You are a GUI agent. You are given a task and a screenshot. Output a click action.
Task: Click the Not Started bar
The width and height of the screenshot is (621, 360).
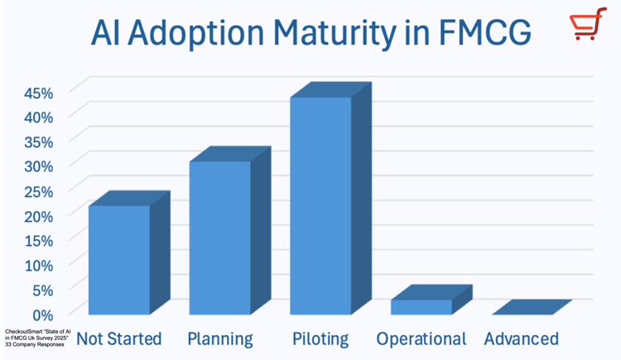coord(119,259)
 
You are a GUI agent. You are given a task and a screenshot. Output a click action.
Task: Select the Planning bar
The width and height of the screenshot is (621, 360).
coord(220,238)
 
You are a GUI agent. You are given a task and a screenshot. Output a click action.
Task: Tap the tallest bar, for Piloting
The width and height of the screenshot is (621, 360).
coord(320,205)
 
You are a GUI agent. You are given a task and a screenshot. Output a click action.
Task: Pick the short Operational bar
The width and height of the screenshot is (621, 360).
coord(421,305)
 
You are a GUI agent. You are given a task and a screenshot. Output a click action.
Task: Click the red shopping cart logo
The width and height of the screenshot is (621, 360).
coord(585,27)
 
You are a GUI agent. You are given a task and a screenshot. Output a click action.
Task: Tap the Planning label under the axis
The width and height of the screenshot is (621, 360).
coord(220,338)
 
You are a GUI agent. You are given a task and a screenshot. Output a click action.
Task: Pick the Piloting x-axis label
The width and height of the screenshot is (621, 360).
coord(320,338)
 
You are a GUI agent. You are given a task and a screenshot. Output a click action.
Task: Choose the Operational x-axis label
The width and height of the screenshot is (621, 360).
coord(421,338)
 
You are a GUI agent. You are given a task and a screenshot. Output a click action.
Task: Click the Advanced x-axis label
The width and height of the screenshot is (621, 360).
coord(522,338)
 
